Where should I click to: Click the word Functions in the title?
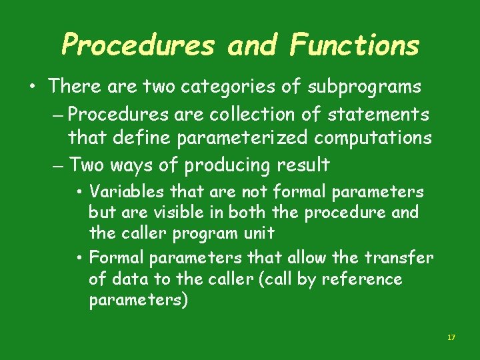point(355,45)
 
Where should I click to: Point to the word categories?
point(236,87)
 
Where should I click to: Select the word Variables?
point(127,192)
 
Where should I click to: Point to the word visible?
point(193,213)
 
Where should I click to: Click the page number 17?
point(451,338)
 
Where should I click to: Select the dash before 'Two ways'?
point(57,165)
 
